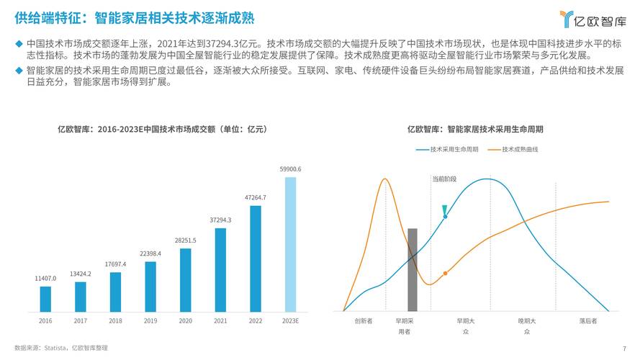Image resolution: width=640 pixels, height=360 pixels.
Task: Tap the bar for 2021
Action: pos(220,269)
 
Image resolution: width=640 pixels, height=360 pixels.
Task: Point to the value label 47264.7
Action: pos(256,197)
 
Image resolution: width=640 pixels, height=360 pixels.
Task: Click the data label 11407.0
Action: pos(45,278)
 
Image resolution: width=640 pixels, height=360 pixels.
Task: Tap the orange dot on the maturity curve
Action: pos(445,273)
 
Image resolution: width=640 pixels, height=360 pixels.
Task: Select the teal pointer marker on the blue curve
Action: pos(446,210)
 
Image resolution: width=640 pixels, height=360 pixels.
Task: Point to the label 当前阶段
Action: pos(444,179)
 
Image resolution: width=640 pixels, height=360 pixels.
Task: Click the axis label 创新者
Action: pos(364,320)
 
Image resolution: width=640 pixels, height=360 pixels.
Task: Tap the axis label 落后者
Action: pos(588,320)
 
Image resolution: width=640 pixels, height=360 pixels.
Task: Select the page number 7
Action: pos(623,348)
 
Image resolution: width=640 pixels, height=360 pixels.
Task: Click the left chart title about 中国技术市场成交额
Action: pos(162,130)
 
